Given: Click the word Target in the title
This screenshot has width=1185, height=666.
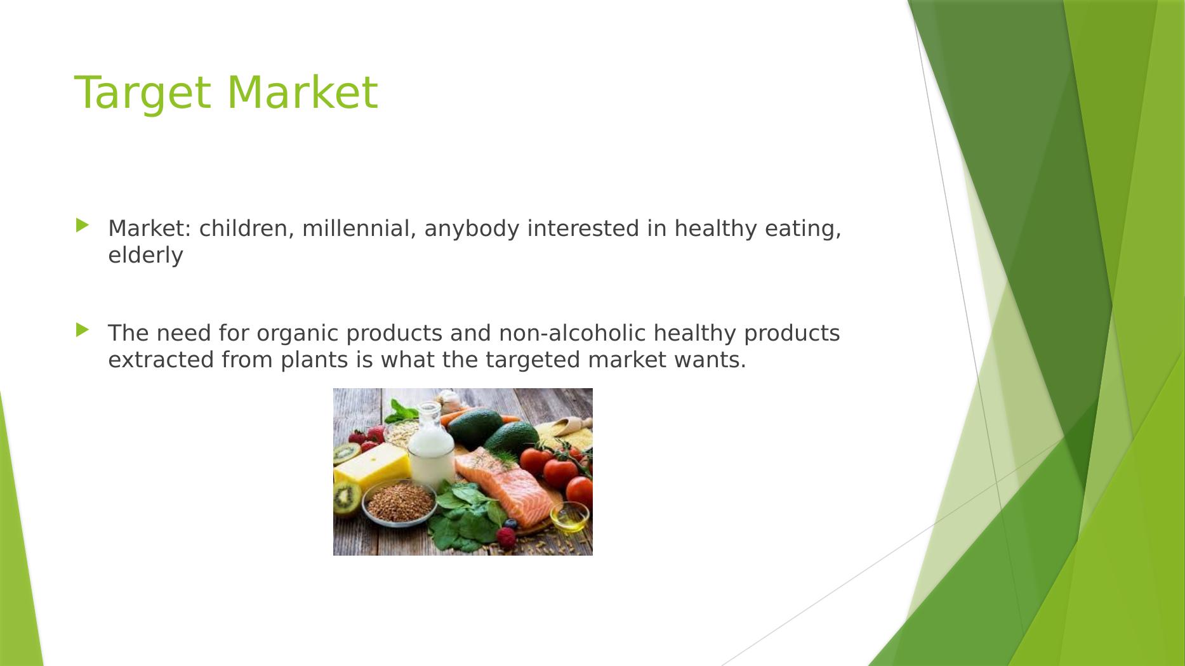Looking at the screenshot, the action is point(143,93).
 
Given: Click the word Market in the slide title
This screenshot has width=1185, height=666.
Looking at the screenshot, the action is point(302,93).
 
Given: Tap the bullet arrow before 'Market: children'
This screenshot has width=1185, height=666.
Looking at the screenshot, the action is point(83,225).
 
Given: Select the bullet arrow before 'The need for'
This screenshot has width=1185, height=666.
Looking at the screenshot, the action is point(83,330).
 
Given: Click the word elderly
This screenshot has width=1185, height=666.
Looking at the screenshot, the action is point(145,255).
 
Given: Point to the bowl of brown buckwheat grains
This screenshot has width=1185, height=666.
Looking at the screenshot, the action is point(399,501).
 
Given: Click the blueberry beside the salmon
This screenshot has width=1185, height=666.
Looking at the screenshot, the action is point(510,525).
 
